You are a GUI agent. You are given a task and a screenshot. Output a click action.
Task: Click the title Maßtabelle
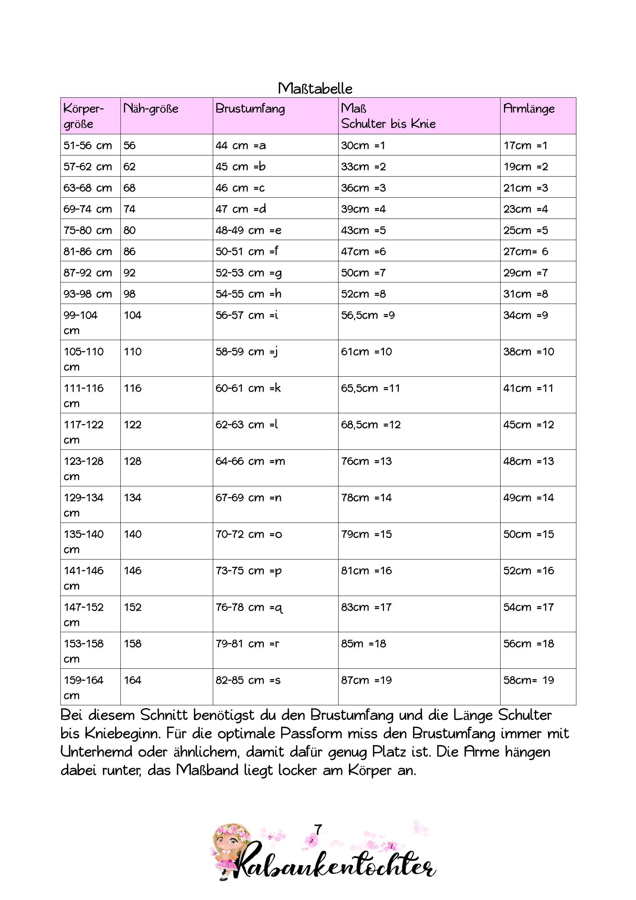[x=315, y=88]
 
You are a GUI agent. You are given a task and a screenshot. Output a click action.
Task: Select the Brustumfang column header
[x=250, y=109]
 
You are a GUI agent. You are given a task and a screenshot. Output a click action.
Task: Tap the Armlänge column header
[x=529, y=109]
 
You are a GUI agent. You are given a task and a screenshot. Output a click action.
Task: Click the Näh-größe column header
[x=150, y=109]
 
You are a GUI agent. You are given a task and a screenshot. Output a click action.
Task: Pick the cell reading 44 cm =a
[x=240, y=145]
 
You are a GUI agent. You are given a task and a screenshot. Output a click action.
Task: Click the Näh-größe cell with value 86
[x=129, y=251]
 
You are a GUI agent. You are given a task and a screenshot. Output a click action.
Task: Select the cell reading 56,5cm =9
[x=367, y=315]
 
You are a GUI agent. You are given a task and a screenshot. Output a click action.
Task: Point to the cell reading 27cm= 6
[x=526, y=251]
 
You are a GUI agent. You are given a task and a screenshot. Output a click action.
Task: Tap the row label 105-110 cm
[x=83, y=359]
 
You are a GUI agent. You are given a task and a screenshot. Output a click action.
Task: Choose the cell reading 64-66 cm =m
[x=250, y=461]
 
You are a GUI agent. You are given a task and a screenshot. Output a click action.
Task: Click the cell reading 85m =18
[x=363, y=644]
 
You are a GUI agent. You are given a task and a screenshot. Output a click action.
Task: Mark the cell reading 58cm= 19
[x=529, y=680]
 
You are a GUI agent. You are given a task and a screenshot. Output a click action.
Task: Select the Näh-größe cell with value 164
[x=132, y=680]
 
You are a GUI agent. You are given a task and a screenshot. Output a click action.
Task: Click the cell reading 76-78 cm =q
[x=249, y=608]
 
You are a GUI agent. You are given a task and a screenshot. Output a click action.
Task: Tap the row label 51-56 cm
[x=88, y=145]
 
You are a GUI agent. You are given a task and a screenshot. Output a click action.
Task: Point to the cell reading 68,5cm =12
[x=371, y=424]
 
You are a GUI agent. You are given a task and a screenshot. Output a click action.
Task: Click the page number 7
[x=318, y=830]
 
